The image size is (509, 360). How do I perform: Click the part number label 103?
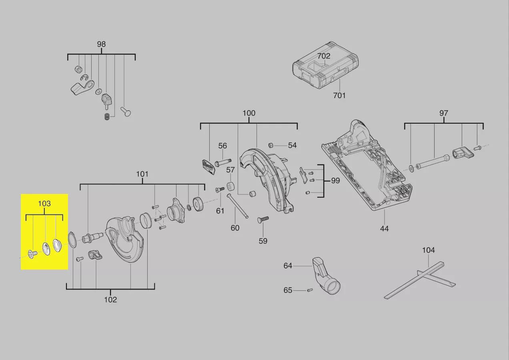pos(44,204)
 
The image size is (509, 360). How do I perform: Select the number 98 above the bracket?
pos(101,44)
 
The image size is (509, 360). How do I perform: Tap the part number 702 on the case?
pos(324,56)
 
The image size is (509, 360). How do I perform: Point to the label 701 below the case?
pos(339,95)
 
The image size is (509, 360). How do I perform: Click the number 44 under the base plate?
pos(384,228)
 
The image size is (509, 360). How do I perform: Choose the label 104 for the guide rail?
pos(428,250)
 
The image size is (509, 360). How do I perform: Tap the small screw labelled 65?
pos(309,290)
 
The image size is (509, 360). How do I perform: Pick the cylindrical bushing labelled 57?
pos(231,187)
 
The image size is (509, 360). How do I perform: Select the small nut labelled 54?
pos(271,145)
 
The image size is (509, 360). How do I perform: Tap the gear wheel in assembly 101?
pos(198,204)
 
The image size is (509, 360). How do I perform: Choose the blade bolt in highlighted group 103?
pos(32,253)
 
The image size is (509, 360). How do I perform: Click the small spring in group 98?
pos(107,116)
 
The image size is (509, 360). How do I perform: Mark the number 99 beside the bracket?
pos(335,181)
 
